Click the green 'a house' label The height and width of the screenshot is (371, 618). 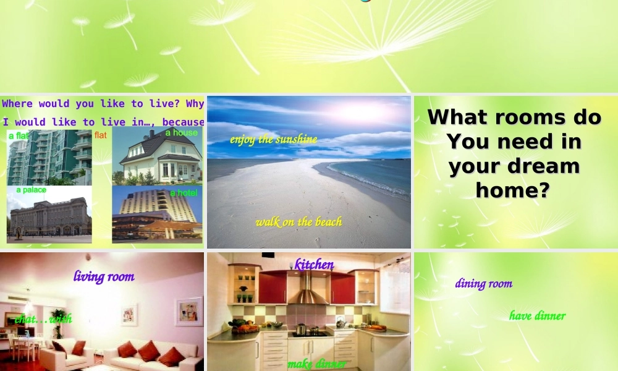click(182, 133)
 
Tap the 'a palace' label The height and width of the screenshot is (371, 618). click(31, 190)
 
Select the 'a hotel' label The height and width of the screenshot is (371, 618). click(184, 193)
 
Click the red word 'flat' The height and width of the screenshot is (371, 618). click(101, 135)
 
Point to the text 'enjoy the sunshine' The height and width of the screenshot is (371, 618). click(273, 139)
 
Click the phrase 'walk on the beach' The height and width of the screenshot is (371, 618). click(298, 222)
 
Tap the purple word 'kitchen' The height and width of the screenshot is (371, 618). click(314, 265)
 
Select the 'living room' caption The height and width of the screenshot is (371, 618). click(104, 276)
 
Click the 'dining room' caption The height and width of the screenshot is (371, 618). click(484, 284)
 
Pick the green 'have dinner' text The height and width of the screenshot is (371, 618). click(537, 316)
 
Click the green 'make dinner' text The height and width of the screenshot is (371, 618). click(316, 364)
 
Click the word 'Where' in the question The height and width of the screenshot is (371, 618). click(18, 104)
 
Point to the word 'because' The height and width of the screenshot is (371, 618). click(183, 122)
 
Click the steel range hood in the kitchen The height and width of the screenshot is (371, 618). click(308, 291)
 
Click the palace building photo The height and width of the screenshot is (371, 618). click(49, 216)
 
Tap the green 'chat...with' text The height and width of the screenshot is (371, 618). click(43, 319)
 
